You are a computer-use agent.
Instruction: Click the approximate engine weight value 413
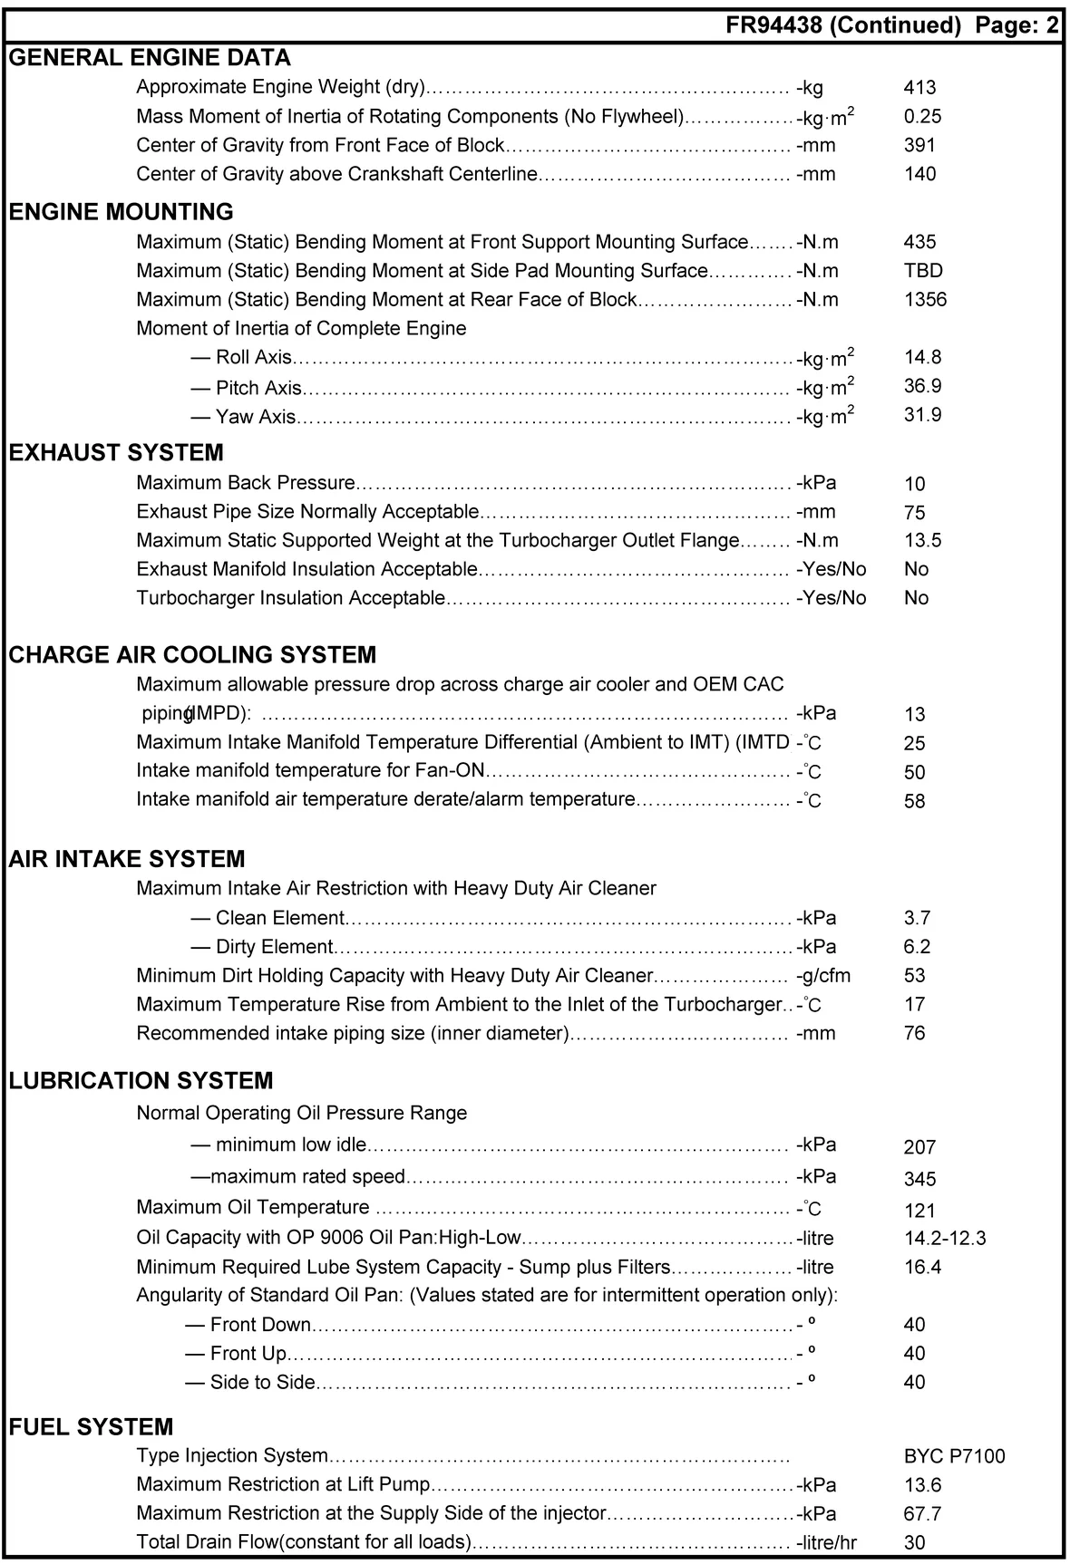pos(919,88)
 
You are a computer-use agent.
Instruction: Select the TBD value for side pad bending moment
pos(923,271)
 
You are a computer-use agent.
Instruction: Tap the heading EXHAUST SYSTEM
pos(116,453)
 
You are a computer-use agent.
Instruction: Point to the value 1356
pos(925,300)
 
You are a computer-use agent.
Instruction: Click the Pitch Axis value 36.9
pos(922,386)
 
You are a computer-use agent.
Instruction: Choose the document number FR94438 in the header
pos(773,25)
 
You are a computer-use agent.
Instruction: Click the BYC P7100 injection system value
pos(954,1457)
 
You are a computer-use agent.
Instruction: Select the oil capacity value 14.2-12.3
pos(944,1239)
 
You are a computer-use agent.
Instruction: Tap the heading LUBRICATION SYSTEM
pos(141,1081)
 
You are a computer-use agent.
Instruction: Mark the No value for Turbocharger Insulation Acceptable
pos(916,598)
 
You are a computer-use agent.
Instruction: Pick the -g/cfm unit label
pos(823,976)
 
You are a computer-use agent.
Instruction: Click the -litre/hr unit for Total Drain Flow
pos(826,1543)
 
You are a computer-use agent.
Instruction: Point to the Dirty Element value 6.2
pos(917,947)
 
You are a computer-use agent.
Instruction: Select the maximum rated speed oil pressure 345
pos(919,1180)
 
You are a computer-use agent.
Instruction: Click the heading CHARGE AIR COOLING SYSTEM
pos(192,655)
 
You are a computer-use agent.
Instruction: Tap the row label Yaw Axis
pos(255,417)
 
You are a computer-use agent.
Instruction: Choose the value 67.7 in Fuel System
pos(922,1514)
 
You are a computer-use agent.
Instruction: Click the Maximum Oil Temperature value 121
pos(919,1211)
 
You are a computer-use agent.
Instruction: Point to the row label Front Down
pos(259,1325)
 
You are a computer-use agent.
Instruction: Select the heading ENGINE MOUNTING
pos(121,212)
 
